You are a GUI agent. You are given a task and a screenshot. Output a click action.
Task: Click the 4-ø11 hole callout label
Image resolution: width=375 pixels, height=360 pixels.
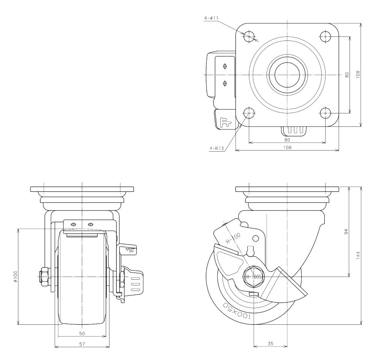coord(211,18)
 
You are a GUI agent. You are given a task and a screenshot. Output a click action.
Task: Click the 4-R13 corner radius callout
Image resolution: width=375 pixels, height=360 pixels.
coord(217,148)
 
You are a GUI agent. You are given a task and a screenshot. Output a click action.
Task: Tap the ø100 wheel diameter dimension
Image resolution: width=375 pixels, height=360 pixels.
coord(15,276)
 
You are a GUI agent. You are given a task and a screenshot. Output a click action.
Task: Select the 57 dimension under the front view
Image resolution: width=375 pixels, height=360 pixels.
coord(82,344)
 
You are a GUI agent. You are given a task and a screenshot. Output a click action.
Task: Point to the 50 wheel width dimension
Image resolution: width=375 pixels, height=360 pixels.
coord(82,333)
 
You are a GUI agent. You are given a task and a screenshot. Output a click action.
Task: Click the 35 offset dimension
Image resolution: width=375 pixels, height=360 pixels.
coord(270,344)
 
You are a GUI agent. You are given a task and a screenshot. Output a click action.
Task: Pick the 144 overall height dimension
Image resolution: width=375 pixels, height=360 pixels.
coord(358,255)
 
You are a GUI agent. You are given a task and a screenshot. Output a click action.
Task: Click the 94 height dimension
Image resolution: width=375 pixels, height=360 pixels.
coord(346,232)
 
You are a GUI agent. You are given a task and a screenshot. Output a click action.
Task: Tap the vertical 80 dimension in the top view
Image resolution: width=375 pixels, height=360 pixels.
coord(347,75)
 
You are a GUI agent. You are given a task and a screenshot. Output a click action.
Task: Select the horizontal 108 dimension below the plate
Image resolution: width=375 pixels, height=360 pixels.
coord(287,148)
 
